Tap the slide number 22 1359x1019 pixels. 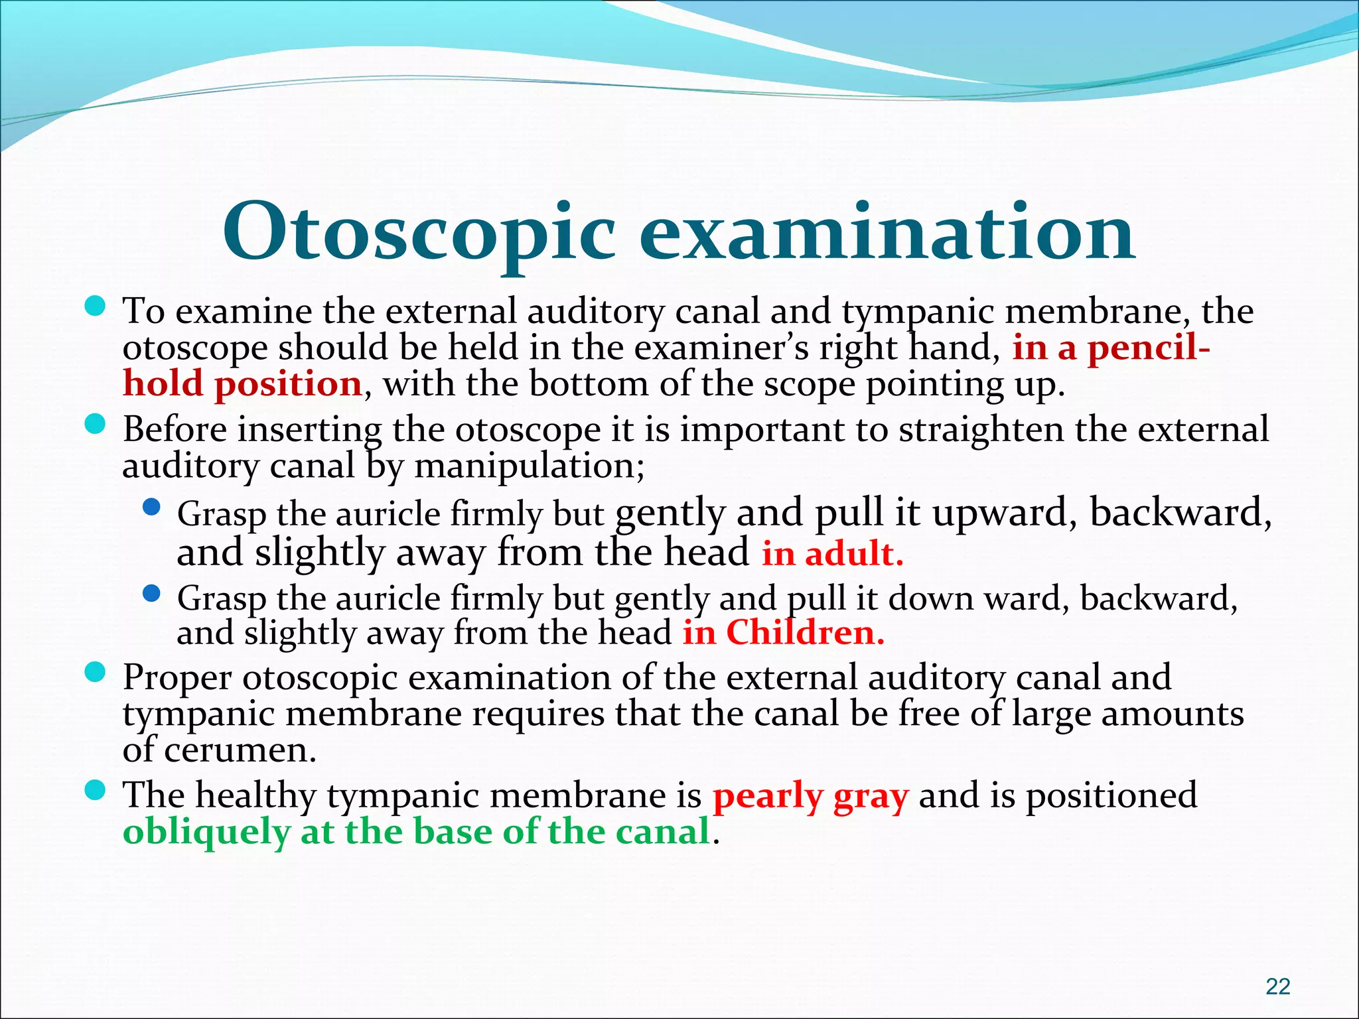[x=1277, y=986]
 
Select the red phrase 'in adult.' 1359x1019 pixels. [x=832, y=553]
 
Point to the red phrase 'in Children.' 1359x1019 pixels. [x=783, y=632]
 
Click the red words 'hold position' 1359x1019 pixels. [x=242, y=384]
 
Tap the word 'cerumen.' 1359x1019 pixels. [x=240, y=750]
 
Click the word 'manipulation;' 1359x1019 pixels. [x=529, y=466]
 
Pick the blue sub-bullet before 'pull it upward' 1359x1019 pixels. [x=151, y=508]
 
